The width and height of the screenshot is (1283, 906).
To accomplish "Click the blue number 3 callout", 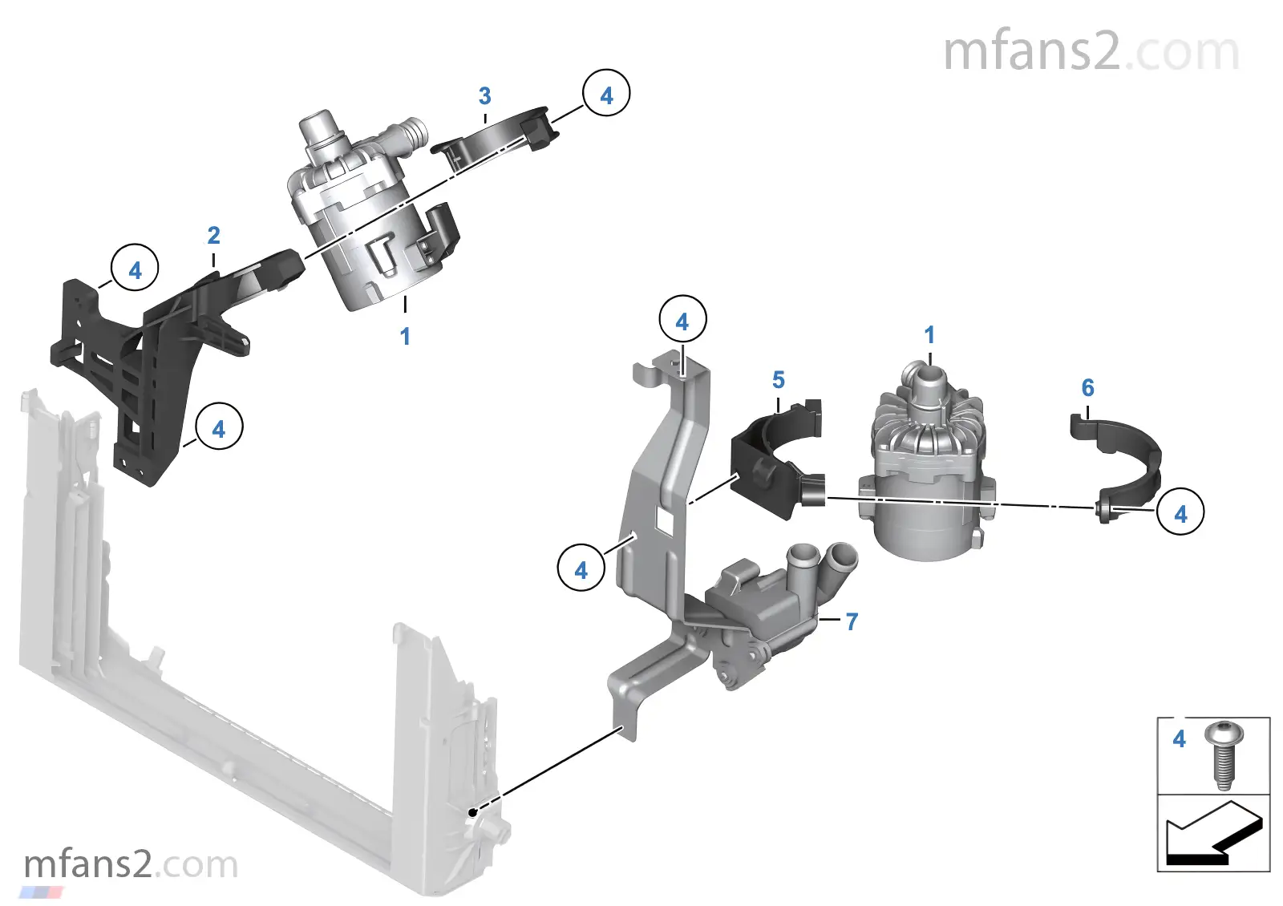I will [484, 96].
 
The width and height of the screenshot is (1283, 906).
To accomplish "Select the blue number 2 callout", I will [213, 236].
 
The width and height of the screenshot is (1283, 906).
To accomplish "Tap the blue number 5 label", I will [779, 380].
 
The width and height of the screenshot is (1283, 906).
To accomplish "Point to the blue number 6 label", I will [1088, 388].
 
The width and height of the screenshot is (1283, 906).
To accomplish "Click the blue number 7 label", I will [852, 621].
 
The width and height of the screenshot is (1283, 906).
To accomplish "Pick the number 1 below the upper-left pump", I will [405, 336].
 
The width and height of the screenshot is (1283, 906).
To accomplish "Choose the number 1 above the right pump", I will [929, 335].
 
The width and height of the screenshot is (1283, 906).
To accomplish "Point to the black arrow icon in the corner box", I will [1213, 835].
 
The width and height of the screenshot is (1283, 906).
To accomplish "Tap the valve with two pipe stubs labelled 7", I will [770, 609].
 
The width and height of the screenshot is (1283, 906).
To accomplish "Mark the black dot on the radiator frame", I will [473, 812].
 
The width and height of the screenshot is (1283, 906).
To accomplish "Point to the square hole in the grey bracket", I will [666, 520].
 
